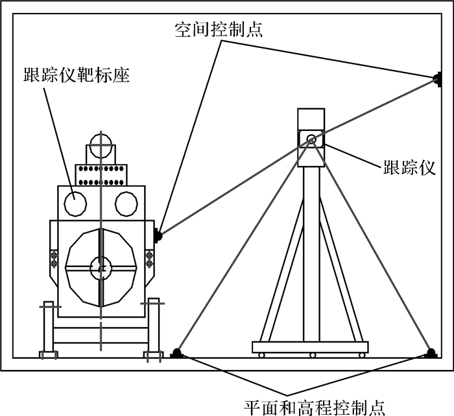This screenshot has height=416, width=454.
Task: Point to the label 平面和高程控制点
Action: point(314,407)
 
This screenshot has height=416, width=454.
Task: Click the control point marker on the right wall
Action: point(436,80)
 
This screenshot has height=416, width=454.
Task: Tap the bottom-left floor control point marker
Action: point(176,353)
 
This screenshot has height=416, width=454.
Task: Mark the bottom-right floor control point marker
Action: point(430,353)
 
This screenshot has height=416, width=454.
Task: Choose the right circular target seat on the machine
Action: point(126,203)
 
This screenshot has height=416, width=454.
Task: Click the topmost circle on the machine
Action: point(101,145)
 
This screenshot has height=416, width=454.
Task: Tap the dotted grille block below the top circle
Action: point(102,174)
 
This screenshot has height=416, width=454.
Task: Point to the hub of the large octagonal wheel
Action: point(101,266)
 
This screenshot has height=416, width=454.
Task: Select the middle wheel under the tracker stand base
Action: point(312,354)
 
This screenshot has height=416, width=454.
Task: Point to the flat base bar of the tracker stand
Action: point(312,346)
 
